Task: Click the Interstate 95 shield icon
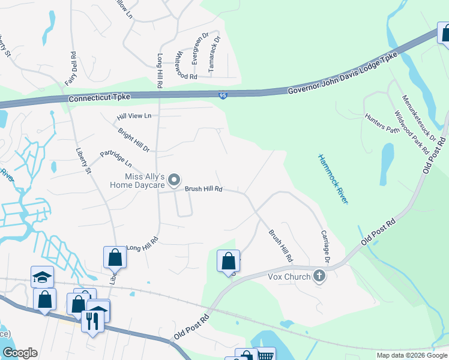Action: click(x=222, y=95)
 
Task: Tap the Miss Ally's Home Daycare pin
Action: click(x=174, y=180)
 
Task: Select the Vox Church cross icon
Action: click(x=319, y=277)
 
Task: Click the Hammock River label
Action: click(x=333, y=178)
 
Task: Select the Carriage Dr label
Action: click(x=326, y=247)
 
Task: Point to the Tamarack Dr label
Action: click(x=214, y=55)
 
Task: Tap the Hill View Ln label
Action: click(x=134, y=115)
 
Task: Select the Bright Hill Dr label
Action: click(x=133, y=140)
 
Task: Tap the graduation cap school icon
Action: click(x=42, y=277)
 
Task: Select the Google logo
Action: click(x=20, y=352)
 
